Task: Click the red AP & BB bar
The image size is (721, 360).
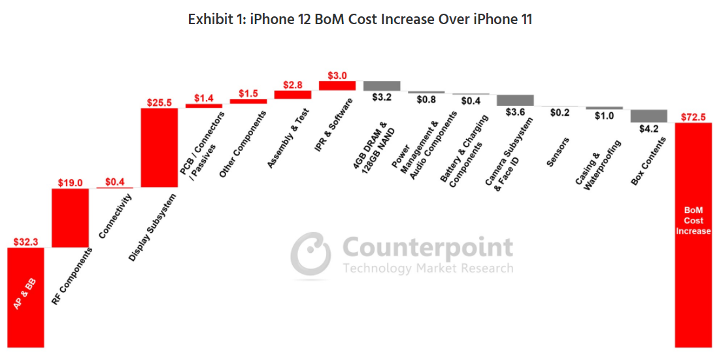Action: coord(25,297)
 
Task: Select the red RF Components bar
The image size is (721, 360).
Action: coord(70,218)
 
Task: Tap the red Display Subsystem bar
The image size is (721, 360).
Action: coord(159,148)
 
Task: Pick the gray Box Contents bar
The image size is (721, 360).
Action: coord(648,116)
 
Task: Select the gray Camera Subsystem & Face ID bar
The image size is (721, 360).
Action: coord(515,100)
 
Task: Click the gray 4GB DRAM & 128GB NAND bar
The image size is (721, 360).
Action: coord(382,86)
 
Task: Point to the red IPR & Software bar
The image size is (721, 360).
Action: coord(337,86)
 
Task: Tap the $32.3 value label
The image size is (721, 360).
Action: coord(25,242)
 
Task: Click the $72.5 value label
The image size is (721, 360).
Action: coord(693,117)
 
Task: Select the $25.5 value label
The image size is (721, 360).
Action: coord(159,103)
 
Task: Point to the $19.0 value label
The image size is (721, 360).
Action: coord(70,183)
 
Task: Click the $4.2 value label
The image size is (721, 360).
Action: coord(648,129)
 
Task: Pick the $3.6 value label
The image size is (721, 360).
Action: coord(515,112)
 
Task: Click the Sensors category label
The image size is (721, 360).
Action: coord(558,152)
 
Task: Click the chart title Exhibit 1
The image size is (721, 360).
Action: coord(360,20)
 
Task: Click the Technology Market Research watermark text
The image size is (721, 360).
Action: coord(428,268)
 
